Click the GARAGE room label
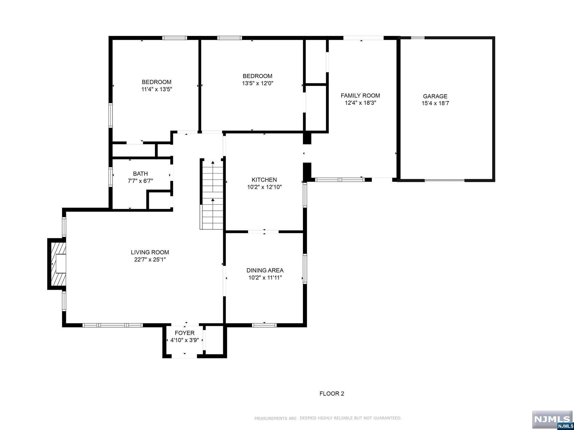(435, 96)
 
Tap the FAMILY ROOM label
(360, 96)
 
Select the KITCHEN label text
(264, 180)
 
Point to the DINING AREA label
(265, 270)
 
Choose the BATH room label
(140, 174)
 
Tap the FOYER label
(185, 333)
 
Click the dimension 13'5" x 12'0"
(258, 83)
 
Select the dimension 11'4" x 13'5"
(157, 89)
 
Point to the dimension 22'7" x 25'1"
(150, 260)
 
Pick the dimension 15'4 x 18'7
(435, 103)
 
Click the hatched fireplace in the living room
(57, 264)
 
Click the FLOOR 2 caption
(332, 394)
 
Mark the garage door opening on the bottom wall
(445, 180)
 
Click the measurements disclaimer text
(328, 418)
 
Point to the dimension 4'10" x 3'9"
(185, 340)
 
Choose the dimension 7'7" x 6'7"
(140, 181)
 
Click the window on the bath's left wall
(111, 177)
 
